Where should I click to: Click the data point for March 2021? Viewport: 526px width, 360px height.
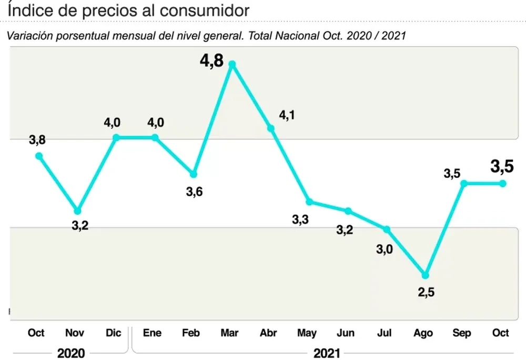coord(232,64)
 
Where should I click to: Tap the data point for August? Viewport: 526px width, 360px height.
coord(426,275)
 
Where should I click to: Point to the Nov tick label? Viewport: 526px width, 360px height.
coord(75,333)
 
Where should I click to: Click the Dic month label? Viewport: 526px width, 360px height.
coord(113,333)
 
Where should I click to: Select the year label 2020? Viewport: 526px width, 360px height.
coord(71,353)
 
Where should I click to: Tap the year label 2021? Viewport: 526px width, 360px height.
coord(327,353)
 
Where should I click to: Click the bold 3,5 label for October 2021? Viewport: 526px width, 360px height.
coord(502,167)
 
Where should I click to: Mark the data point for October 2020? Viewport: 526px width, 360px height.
coord(38,156)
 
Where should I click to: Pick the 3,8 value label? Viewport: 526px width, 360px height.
coord(37,140)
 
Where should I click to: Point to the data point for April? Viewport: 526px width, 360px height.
coord(270,128)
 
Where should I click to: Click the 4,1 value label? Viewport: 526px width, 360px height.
coord(287,115)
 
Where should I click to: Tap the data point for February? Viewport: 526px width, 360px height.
coord(194,174)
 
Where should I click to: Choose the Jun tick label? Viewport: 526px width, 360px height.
coord(345,333)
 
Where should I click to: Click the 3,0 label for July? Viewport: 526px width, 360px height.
coord(385,249)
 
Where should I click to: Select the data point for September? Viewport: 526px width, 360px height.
coord(464,183)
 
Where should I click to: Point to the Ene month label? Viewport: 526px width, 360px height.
coord(152,333)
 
